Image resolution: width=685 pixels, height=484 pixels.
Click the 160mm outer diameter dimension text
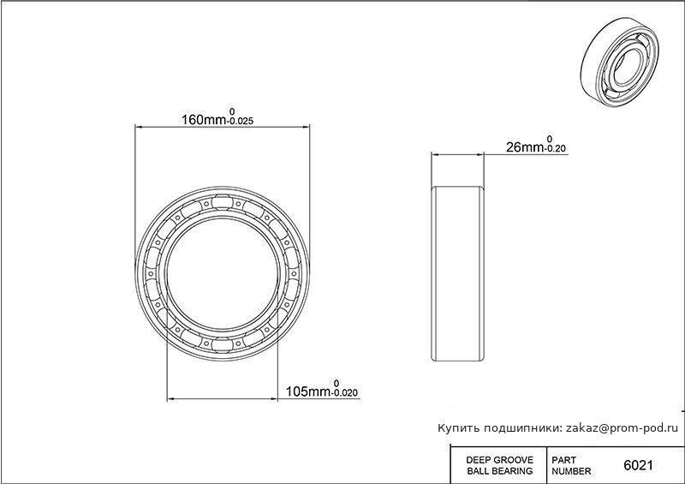205,119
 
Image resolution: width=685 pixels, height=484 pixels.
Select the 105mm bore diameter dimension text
309,391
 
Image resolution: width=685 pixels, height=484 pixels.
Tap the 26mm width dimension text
524,147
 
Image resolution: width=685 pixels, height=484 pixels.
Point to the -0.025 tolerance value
241,122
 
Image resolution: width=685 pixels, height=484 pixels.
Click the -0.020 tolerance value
346,393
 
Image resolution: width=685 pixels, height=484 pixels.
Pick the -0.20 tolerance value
555,149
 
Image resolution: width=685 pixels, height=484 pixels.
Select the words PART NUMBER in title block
571,466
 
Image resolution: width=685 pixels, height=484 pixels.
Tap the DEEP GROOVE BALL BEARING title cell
500,466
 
